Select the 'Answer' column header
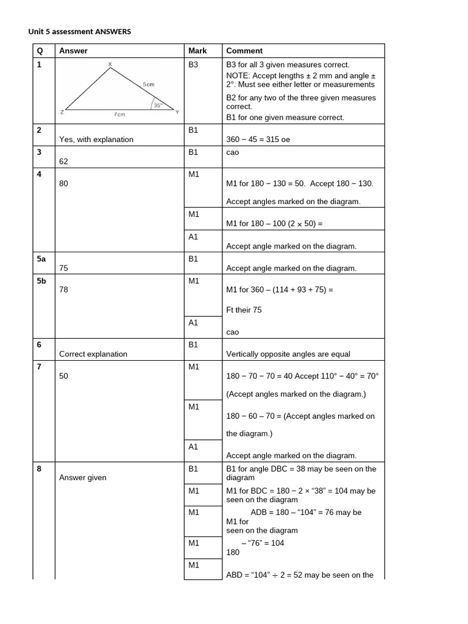click(x=73, y=51)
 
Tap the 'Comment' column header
click(x=244, y=51)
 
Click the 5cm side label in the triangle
click(x=149, y=84)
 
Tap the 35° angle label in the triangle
click(x=157, y=105)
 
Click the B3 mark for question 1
click(x=194, y=64)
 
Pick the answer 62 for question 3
click(x=64, y=162)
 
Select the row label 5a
click(x=41, y=259)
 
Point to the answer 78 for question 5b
click(x=64, y=290)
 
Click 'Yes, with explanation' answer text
click(x=96, y=140)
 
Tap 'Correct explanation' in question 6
click(x=93, y=354)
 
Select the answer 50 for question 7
click(x=64, y=377)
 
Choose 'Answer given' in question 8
click(x=83, y=478)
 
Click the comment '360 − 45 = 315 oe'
click(x=258, y=140)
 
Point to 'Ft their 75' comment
click(x=244, y=310)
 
